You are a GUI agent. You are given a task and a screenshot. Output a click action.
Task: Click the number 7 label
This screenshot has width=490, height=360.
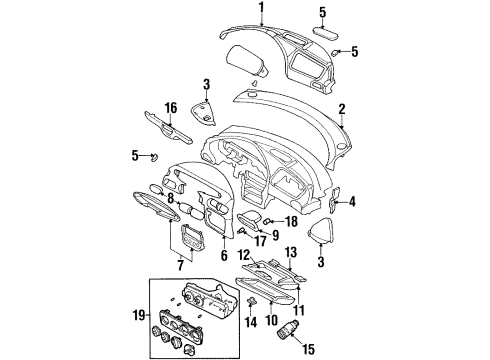[x=180, y=264]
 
